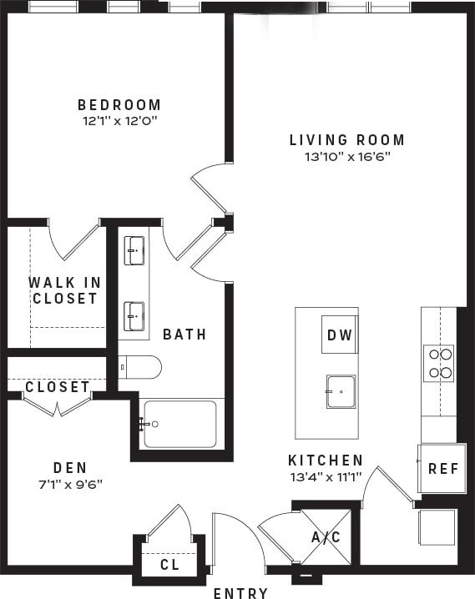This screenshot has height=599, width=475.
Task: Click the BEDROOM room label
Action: tap(119, 105)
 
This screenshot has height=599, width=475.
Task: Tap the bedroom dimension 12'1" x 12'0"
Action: tap(119, 121)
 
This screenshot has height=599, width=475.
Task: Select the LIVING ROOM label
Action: tap(346, 140)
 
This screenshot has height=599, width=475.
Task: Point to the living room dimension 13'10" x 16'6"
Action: tap(346, 156)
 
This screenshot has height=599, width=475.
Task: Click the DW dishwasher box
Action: tap(339, 335)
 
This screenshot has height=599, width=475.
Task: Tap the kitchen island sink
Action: tap(341, 391)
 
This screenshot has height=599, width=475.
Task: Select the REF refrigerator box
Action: tap(442, 468)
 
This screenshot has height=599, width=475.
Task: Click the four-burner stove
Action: tap(440, 363)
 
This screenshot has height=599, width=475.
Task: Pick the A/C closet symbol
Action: tap(326, 536)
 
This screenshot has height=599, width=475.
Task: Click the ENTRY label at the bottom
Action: tap(240, 593)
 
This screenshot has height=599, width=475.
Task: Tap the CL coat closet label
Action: tap(169, 565)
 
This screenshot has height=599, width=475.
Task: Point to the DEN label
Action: tap(70, 468)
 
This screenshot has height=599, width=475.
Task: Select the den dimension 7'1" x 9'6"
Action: tap(70, 483)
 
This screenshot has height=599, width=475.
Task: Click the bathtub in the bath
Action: tap(179, 424)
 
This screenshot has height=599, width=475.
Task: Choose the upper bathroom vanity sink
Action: tap(134, 249)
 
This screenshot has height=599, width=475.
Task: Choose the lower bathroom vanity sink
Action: tap(134, 315)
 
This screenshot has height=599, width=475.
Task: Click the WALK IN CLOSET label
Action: tap(63, 290)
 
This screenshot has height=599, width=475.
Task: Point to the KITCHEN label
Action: tap(326, 461)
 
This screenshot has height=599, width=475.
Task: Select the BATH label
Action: tap(184, 335)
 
